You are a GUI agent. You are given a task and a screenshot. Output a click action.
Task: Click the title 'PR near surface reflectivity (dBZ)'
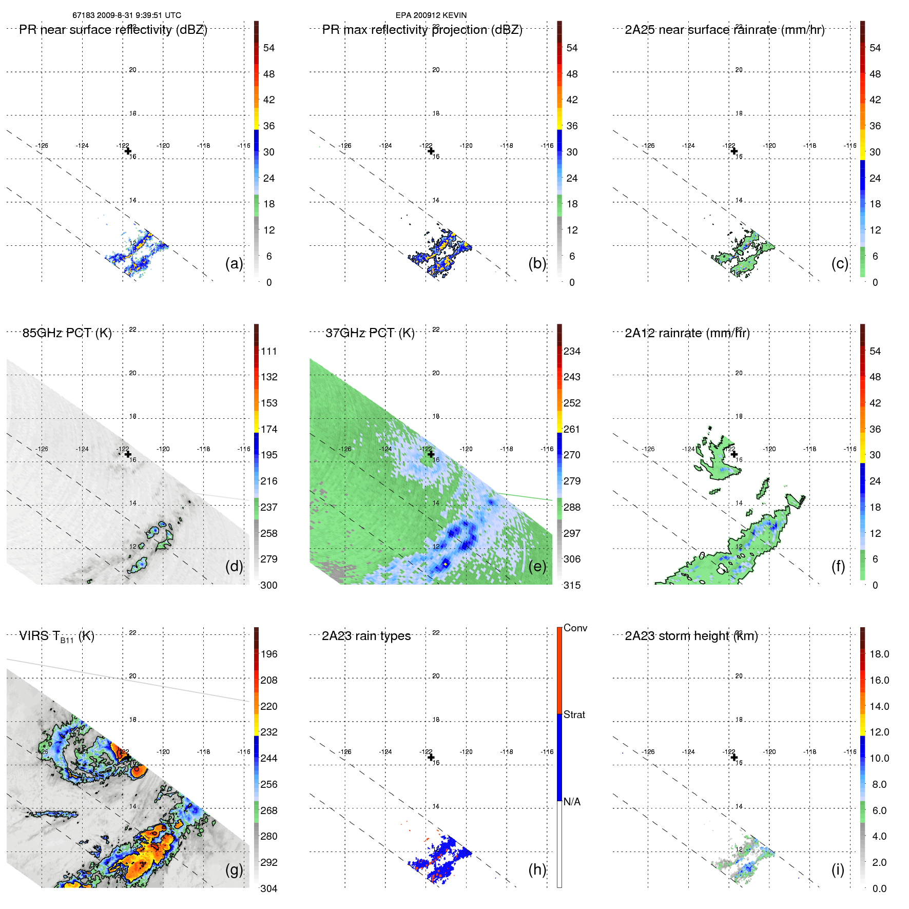tap(113, 30)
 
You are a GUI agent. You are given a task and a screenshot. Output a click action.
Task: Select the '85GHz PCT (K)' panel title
tap(67, 333)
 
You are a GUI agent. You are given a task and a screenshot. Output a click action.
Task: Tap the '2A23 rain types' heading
tap(366, 636)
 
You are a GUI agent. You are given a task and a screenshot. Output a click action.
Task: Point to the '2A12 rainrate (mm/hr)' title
tap(687, 333)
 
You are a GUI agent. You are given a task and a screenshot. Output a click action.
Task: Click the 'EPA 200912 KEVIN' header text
tap(431, 15)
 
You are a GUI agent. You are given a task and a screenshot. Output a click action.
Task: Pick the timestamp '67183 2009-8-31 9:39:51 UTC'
tap(127, 15)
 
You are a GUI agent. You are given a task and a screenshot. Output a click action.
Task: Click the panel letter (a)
tap(234, 263)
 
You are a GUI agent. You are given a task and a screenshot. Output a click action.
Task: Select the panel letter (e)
tap(537, 566)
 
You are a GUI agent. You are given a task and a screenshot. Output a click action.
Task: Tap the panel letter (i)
tap(838, 869)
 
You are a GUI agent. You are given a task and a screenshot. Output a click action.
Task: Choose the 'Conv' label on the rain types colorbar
tap(575, 628)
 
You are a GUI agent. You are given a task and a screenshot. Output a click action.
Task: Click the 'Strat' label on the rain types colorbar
tap(574, 714)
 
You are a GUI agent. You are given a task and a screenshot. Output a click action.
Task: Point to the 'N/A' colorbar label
tap(572, 802)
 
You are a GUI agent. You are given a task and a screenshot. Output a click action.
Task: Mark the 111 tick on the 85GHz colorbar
tap(269, 351)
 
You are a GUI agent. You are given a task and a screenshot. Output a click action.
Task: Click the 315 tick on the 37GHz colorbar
tap(572, 585)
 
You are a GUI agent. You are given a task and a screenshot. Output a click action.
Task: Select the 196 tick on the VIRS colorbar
tap(269, 654)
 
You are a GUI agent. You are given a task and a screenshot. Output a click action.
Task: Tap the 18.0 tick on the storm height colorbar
tap(879, 654)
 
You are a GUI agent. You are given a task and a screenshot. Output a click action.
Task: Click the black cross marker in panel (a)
tap(128, 151)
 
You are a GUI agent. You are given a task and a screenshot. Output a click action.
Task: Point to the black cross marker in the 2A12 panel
tap(734, 454)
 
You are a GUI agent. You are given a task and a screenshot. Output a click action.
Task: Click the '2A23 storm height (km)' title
tap(691, 636)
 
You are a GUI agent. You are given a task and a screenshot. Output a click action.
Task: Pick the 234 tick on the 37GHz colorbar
tap(572, 351)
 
